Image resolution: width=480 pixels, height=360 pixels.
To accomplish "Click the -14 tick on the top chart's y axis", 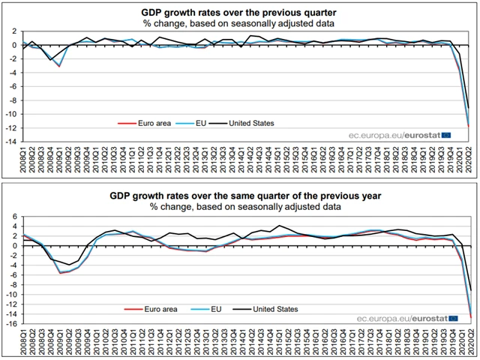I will (12, 141).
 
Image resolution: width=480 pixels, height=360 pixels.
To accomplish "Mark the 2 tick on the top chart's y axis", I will (15, 31).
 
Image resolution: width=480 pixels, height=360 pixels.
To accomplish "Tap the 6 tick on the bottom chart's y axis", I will (15, 216).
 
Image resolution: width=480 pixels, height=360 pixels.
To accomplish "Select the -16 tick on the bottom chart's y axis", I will (12, 325).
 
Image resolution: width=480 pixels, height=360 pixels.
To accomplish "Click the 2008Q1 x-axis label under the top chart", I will (24, 159).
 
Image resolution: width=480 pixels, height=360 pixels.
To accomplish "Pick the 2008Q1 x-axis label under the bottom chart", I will (24, 343).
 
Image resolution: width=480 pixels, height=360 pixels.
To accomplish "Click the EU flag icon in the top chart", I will (448, 135).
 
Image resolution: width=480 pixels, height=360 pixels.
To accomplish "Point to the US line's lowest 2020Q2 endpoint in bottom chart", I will (470, 290).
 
